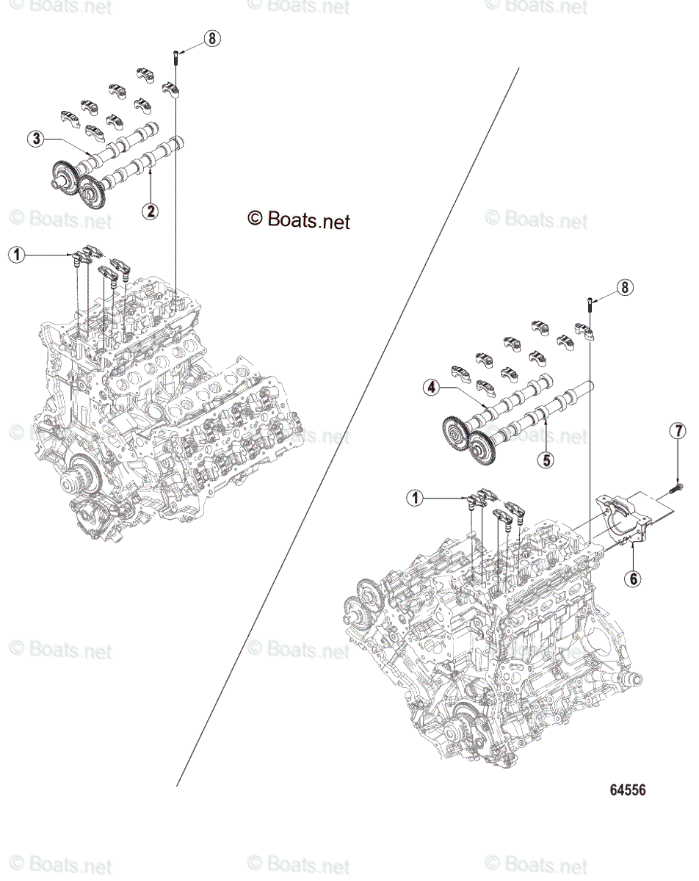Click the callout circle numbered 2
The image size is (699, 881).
tap(150, 211)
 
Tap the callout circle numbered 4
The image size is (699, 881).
tap(432, 386)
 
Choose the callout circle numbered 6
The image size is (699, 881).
tap(632, 578)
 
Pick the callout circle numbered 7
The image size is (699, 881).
tap(678, 432)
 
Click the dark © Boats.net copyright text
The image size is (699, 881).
tap(299, 220)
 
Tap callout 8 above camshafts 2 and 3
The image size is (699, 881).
tap(211, 38)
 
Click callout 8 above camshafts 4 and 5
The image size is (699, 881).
tap(624, 288)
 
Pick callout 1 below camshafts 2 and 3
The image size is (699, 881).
tap(16, 255)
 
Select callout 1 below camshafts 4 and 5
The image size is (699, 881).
tap(417, 498)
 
